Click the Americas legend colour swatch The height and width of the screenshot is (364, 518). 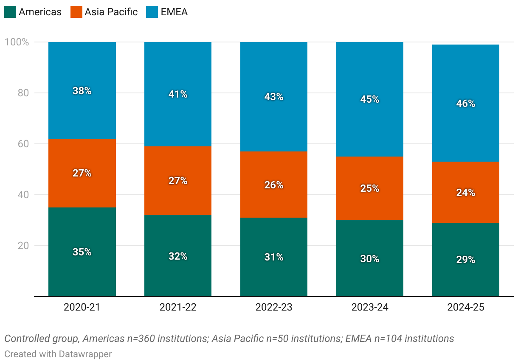click(10, 12)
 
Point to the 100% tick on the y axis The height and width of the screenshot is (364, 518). click(17, 42)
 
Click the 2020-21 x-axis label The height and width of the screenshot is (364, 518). click(82, 307)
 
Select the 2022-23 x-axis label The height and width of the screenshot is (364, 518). click(274, 307)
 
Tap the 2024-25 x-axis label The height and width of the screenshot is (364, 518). click(466, 307)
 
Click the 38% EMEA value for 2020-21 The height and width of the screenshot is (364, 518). click(82, 91)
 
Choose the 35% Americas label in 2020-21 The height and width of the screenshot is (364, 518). click(82, 252)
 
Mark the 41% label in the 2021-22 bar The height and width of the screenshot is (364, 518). click(178, 94)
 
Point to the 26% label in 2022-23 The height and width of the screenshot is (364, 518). click(274, 185)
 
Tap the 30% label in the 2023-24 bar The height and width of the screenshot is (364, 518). click(370, 259)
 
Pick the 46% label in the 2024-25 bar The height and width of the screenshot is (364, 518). click(466, 104)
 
